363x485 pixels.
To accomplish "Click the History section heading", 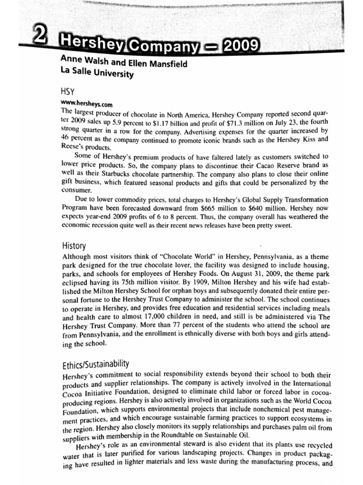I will (x=74, y=246).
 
